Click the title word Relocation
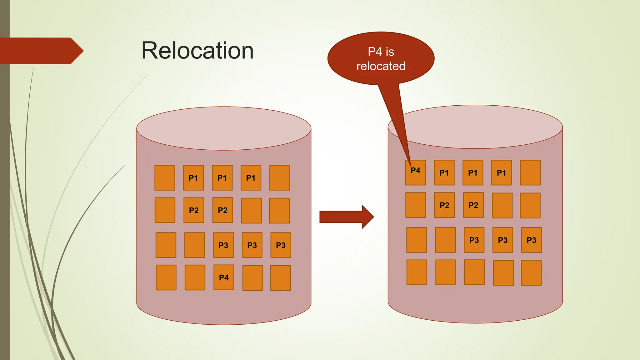click(x=197, y=51)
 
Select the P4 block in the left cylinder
click(x=224, y=277)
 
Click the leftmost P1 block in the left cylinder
click(x=193, y=178)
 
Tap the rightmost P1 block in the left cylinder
click(x=251, y=178)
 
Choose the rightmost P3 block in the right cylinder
click(x=531, y=240)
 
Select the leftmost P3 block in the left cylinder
click(x=223, y=245)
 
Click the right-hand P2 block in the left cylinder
click(x=222, y=210)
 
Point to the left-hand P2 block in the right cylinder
click(x=444, y=205)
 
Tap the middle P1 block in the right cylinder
click(x=472, y=172)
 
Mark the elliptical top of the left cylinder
click(x=224, y=128)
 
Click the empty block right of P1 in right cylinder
click(x=530, y=172)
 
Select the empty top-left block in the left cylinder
click(x=165, y=178)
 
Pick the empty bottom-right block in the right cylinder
click(x=531, y=273)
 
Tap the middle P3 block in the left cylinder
click(x=252, y=245)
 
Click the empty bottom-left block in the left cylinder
click(x=166, y=277)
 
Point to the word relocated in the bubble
click(x=381, y=66)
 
